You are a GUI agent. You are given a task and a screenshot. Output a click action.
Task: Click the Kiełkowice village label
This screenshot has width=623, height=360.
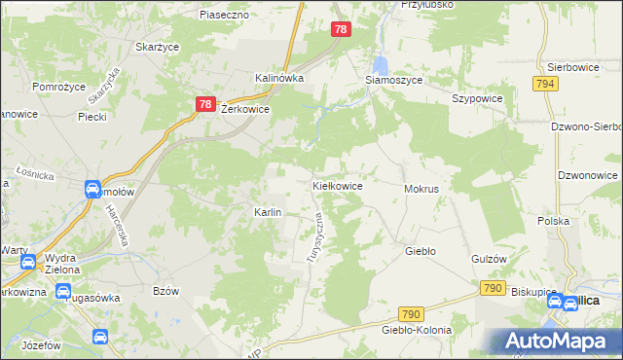[338, 185]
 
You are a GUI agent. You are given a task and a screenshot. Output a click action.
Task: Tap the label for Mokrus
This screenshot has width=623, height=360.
[421, 188]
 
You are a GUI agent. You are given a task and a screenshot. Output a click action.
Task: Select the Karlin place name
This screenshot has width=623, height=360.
[268, 212]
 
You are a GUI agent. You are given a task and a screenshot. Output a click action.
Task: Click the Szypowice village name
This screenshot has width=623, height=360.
[477, 99]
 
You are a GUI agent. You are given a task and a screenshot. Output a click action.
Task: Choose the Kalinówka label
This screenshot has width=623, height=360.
[279, 78]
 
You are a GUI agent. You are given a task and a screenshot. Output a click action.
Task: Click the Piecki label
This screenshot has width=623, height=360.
[92, 116]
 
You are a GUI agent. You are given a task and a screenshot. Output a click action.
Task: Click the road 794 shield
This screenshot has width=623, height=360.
[545, 85]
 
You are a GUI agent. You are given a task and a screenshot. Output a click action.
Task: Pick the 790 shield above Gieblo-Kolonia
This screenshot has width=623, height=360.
[412, 313]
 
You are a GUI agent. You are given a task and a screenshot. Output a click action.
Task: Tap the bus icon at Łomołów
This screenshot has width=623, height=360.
[92, 189]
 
